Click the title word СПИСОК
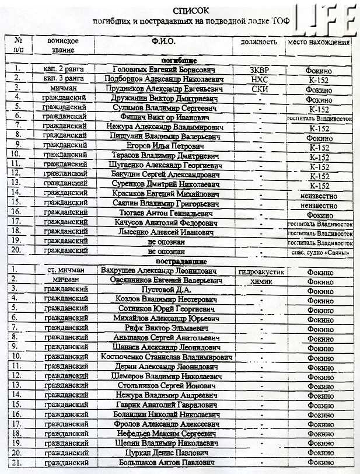click(191, 11)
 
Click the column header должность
click(258, 42)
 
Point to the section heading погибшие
click(180, 61)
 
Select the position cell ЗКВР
click(258, 70)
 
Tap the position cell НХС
click(258, 79)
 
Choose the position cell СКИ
click(258, 89)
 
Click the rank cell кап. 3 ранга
click(64, 79)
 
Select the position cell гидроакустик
click(261, 271)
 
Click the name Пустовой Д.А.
click(166, 290)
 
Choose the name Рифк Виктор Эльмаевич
click(167, 328)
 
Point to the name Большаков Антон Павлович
click(167, 463)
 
